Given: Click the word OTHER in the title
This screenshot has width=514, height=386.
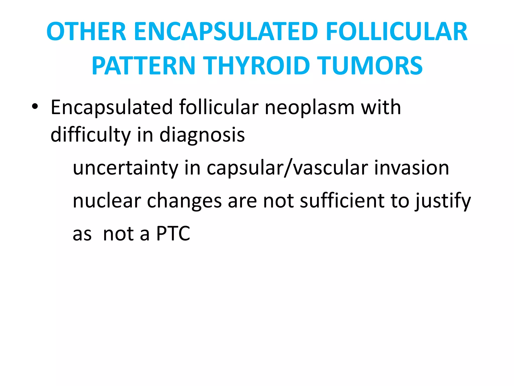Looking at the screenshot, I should pyautogui.click(x=86, y=32).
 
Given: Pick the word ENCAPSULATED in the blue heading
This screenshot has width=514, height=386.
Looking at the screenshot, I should pyautogui.click(x=226, y=32).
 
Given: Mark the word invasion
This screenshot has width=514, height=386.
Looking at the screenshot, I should pyautogui.click(x=412, y=168).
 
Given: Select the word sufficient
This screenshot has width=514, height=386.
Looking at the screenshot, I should pyautogui.click(x=342, y=201).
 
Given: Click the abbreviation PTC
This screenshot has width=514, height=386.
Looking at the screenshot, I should pyautogui.click(x=173, y=234).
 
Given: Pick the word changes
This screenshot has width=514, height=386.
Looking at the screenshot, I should pyautogui.click(x=184, y=201).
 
